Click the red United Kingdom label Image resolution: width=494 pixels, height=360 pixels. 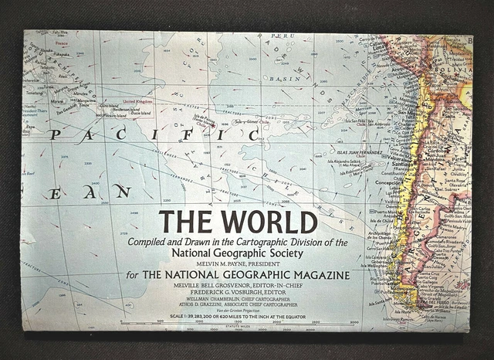click(x=138, y=100)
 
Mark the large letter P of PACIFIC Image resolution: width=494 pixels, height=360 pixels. click(x=55, y=134)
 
